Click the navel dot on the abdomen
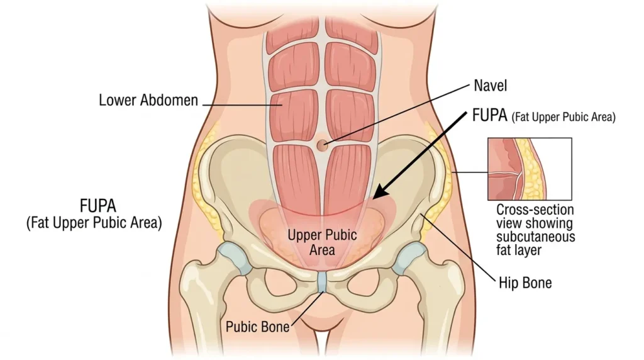click(x=323, y=144)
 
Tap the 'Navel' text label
click(x=491, y=86)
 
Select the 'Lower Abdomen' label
click(x=148, y=100)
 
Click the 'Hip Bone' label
click(x=525, y=283)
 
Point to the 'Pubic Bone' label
click(x=257, y=327)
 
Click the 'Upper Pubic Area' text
click(x=322, y=242)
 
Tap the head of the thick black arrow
click(x=380, y=193)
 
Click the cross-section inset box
click(x=530, y=169)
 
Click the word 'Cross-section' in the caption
click(x=535, y=210)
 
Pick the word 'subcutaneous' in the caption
click(x=536, y=237)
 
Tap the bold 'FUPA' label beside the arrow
click(x=490, y=115)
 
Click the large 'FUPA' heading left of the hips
click(x=97, y=206)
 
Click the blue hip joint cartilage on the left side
click(x=235, y=257)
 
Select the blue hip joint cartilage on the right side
click(x=409, y=257)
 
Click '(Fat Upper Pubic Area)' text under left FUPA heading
click(x=94, y=223)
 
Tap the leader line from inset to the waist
click(x=469, y=172)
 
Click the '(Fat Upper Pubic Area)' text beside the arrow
click(x=563, y=117)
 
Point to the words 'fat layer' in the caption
click(x=519, y=250)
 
